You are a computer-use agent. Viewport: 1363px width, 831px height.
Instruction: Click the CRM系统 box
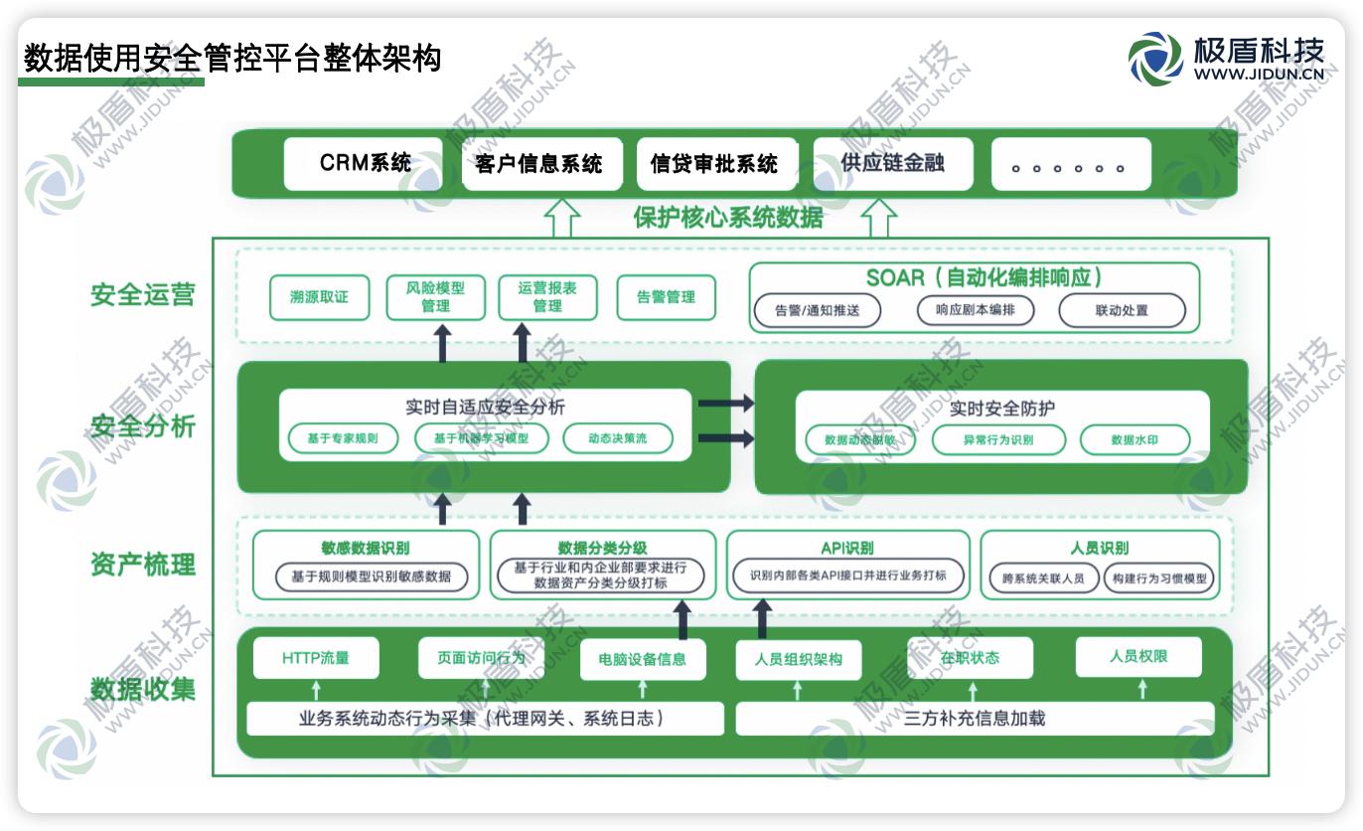tap(364, 164)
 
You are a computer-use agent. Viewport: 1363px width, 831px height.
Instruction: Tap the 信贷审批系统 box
tap(716, 164)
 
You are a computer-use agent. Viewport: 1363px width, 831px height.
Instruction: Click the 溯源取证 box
tap(319, 297)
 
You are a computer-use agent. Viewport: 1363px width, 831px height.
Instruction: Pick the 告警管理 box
tap(666, 297)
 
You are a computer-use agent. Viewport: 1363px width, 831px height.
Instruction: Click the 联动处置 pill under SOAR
tap(1122, 310)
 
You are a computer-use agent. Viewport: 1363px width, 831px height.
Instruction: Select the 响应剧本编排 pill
tap(975, 310)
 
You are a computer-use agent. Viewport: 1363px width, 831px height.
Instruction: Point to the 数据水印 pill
tap(1135, 439)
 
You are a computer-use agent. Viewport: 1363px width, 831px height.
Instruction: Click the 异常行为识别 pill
tap(997, 439)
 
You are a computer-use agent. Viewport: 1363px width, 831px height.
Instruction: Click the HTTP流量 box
tap(316, 658)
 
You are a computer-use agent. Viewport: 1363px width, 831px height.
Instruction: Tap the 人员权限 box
tap(1138, 657)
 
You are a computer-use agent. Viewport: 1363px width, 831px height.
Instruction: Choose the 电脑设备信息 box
tap(642, 659)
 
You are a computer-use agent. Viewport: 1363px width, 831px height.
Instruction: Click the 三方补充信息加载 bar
tap(975, 719)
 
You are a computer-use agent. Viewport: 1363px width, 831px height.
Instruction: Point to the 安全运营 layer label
tap(143, 295)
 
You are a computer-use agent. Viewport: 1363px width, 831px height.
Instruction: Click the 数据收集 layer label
tap(143, 688)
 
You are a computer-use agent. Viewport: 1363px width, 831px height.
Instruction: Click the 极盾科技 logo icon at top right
tap(1155, 58)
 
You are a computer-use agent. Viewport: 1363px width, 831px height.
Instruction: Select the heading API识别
tap(847, 548)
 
